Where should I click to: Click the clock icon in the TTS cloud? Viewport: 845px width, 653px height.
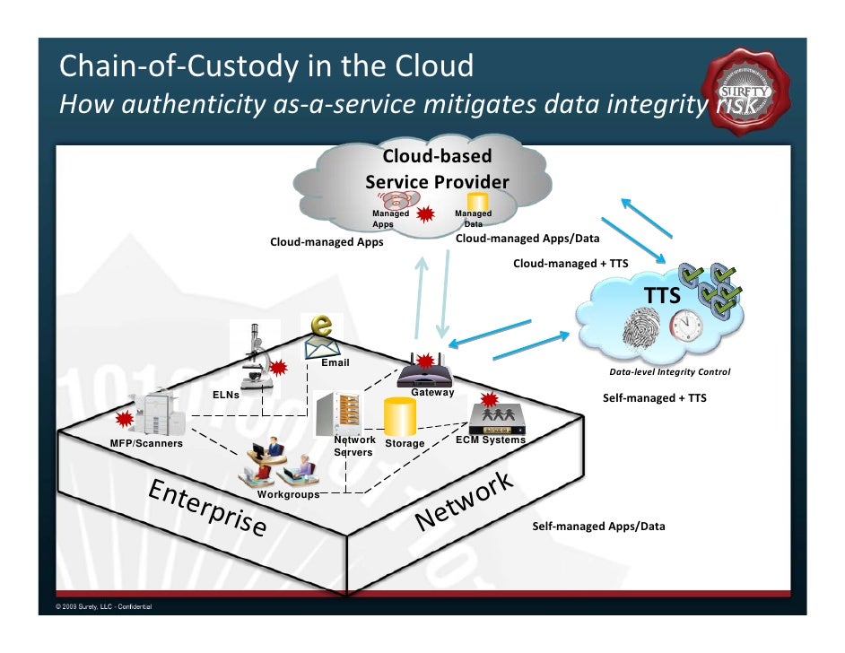[x=684, y=325]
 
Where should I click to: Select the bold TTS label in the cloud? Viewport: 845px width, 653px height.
[x=662, y=296]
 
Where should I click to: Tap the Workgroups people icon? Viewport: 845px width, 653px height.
[x=278, y=462]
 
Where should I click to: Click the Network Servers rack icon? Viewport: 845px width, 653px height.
[x=341, y=414]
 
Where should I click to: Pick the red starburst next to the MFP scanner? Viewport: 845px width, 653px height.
[x=125, y=419]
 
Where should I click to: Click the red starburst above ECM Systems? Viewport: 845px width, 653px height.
[x=489, y=398]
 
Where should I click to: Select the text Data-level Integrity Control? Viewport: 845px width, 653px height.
[x=669, y=372]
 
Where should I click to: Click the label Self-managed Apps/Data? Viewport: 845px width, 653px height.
[x=598, y=527]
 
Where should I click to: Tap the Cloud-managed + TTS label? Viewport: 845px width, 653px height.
[x=570, y=264]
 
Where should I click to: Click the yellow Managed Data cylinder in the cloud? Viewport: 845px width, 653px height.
[x=477, y=201]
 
